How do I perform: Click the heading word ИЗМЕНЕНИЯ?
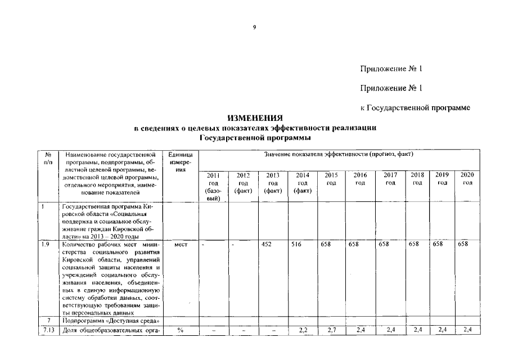pos(255,118)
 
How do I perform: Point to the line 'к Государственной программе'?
pos(415,107)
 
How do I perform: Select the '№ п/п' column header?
pos(48,157)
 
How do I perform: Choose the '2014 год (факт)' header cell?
pos(303,183)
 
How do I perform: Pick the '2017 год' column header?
pos(390,179)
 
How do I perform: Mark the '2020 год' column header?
pos(467,179)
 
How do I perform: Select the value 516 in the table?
pos(298,245)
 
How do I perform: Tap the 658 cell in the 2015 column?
pos(327,245)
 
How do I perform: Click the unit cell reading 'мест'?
pos(180,245)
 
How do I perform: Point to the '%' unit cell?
pos(180,330)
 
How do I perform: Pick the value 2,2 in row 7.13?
pos(303,330)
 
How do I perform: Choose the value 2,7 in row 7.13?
pos(331,330)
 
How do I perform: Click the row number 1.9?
pos(46,245)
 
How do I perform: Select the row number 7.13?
pos(48,330)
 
